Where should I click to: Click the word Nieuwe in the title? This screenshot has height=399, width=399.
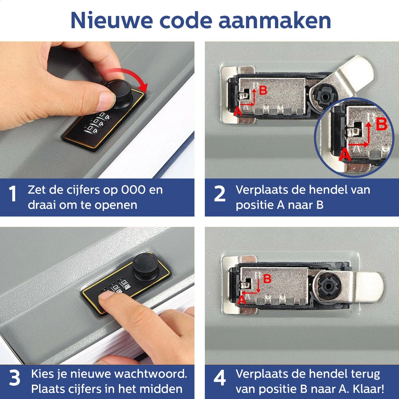pos(112,21)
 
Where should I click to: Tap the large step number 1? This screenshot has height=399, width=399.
pos(13,194)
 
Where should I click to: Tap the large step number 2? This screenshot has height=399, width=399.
pos(219,194)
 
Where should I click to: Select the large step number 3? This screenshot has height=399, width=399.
pos(15,378)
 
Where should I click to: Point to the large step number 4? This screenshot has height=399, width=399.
pos(219,378)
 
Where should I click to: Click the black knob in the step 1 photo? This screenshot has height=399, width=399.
pos(120,93)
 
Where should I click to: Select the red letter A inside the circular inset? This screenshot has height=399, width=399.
pos(344,154)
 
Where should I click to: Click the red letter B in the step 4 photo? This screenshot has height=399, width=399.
pos(267,279)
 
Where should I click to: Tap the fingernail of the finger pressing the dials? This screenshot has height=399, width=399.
pos(106,295)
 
